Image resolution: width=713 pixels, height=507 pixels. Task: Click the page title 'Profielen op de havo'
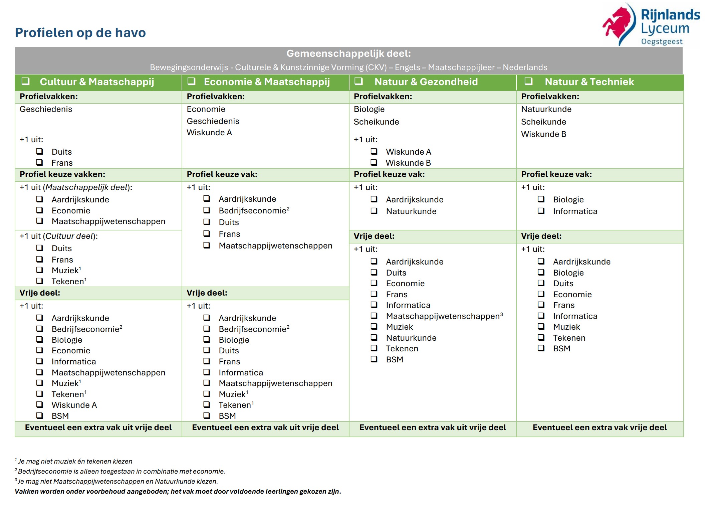(x=80, y=33)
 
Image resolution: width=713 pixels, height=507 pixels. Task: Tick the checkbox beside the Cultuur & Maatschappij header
(x=26, y=81)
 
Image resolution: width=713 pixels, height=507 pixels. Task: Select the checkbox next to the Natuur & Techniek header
(x=528, y=81)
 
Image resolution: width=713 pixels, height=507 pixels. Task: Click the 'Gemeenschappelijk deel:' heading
(x=348, y=53)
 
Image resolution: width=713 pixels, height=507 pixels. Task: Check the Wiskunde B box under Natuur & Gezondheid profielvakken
(x=374, y=162)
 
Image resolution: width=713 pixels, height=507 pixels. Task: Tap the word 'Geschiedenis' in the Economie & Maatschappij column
(x=213, y=121)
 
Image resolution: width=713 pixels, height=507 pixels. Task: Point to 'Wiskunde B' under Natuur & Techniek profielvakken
(x=544, y=134)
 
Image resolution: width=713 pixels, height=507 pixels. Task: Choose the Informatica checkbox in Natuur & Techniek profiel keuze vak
(x=541, y=211)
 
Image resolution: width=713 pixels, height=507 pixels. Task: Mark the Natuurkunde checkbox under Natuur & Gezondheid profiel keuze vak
(x=374, y=211)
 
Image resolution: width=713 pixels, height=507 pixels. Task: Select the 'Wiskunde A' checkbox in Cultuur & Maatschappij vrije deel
(x=40, y=405)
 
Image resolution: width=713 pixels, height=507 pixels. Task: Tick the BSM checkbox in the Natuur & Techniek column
(x=541, y=348)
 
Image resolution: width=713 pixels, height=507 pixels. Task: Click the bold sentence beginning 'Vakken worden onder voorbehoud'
(x=178, y=491)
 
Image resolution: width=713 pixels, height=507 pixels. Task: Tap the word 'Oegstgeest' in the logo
(x=662, y=42)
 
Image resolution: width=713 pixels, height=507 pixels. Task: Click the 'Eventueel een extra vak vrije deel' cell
(x=600, y=428)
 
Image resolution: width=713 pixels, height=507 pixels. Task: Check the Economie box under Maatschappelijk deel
(x=40, y=210)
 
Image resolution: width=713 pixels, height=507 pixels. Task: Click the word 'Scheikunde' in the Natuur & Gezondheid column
(x=376, y=122)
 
